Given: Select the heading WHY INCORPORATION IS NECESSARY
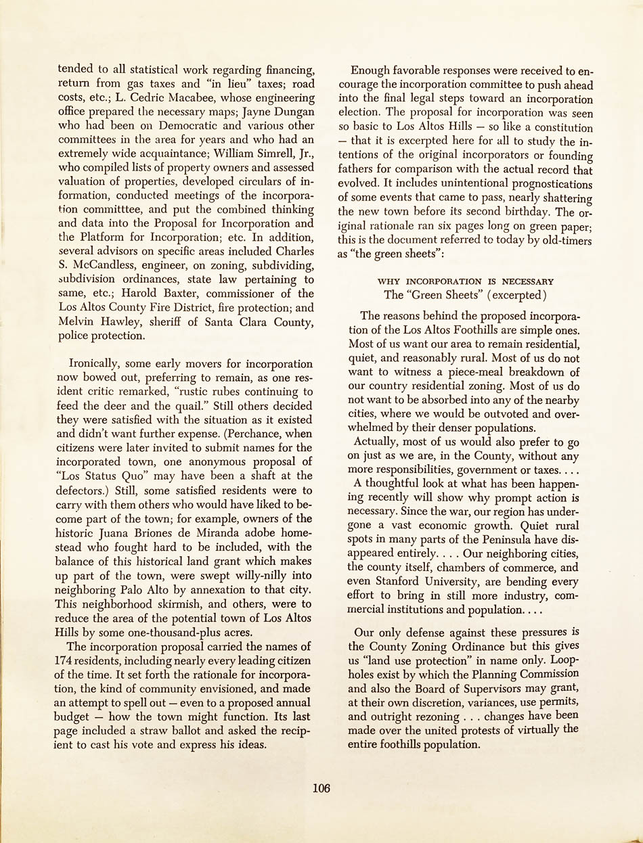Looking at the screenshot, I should [466, 281].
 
